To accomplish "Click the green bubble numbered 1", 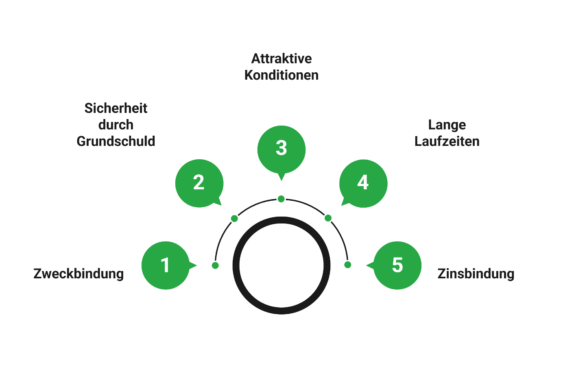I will click(165, 265).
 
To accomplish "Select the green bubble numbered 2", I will click(199, 183).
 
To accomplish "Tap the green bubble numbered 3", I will click(281, 149).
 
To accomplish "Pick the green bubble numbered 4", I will click(363, 183).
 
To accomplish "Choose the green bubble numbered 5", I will click(397, 265).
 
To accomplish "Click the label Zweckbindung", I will click(79, 273).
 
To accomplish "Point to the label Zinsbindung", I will click(476, 273).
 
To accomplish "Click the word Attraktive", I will click(281, 59).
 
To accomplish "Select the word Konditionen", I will click(281, 75).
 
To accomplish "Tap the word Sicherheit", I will click(116, 108).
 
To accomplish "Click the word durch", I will click(116, 125).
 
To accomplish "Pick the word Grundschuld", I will click(116, 141).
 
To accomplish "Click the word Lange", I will click(447, 125).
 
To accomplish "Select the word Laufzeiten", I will click(447, 141).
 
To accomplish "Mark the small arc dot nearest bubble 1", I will click(216, 265).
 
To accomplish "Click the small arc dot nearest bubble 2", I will click(234, 219).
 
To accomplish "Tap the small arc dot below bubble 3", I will click(281, 199).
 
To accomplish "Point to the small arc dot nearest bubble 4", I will click(328, 218).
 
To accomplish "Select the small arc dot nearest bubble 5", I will click(347, 265).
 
